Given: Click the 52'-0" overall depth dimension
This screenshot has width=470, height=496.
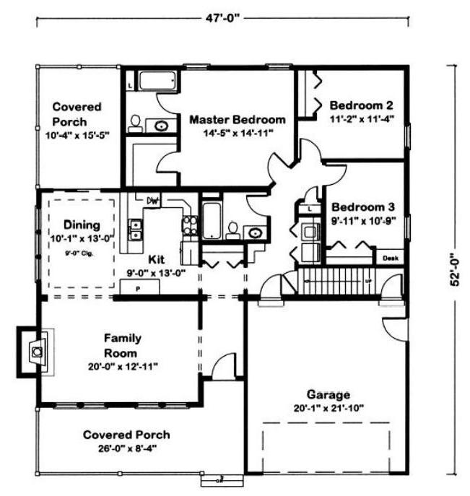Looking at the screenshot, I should click(455, 269).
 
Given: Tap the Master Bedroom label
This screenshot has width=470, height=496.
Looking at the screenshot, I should click(238, 120).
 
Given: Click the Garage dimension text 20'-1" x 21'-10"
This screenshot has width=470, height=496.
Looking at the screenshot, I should click(328, 408).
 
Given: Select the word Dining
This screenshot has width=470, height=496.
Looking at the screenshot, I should click(82, 225).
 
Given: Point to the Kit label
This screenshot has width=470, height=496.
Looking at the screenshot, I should click(158, 258).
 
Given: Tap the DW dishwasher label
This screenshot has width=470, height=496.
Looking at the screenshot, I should click(153, 200).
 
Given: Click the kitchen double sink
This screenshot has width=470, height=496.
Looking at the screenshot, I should click(135, 230).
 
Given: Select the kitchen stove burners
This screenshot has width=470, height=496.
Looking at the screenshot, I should click(189, 226).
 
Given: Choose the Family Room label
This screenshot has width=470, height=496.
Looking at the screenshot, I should click(122, 344).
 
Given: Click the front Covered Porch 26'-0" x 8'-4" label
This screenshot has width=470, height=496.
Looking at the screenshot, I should click(126, 435).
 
